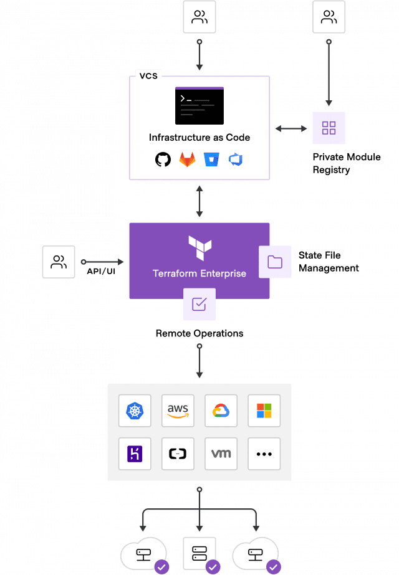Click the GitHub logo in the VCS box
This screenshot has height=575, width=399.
tap(163, 159)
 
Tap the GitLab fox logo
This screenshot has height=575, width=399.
tap(186, 159)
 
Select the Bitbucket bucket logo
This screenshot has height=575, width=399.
tap(211, 159)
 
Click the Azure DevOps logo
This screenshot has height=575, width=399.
tap(235, 159)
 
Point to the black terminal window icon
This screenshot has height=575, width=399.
tap(199, 106)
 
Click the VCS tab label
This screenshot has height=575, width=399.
tap(148, 75)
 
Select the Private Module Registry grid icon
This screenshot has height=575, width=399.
tap(329, 128)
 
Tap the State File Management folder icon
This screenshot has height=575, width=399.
tap(275, 262)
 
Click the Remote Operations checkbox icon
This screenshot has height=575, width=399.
tap(199, 304)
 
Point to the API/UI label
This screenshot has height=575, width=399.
tap(101, 272)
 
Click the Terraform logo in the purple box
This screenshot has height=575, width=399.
tap(199, 248)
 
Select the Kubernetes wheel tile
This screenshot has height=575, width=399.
tap(134, 411)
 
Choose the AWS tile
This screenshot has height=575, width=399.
tap(178, 411)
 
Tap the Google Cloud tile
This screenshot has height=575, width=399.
tap(221, 411)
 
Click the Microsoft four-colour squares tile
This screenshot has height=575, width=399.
tap(264, 411)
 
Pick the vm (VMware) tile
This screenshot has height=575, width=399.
tap(221, 454)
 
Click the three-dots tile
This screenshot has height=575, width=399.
tap(264, 454)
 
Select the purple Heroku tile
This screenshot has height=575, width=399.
tap(134, 454)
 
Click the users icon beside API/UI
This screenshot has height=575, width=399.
tap(59, 262)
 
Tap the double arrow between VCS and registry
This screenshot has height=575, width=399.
tap(291, 128)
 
